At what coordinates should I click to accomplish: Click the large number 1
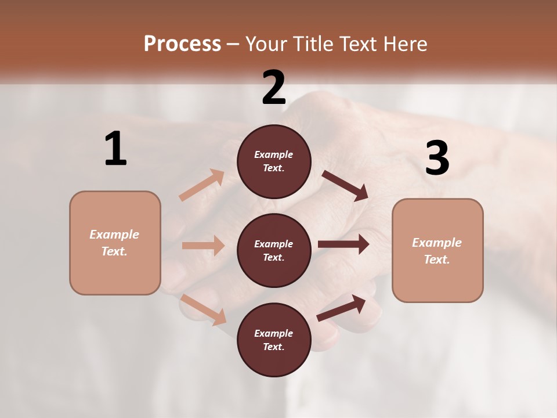115,149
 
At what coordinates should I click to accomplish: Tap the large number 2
274,88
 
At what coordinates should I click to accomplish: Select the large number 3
437,158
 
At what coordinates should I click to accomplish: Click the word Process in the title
182,44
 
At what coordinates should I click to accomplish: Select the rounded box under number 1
115,243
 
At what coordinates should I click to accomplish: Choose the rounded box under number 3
437,250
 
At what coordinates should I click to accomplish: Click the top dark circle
274,161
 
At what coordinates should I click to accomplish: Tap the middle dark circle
274,250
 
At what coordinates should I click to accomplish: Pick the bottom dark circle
274,340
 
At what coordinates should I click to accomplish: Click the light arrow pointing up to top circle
202,185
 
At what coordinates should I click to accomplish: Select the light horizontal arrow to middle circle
203,246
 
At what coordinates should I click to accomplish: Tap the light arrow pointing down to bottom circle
204,309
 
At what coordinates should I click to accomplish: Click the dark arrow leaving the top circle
345,186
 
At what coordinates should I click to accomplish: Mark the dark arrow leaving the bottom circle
341,308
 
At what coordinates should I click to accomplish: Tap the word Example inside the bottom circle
274,333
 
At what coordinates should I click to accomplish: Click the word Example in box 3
437,243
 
